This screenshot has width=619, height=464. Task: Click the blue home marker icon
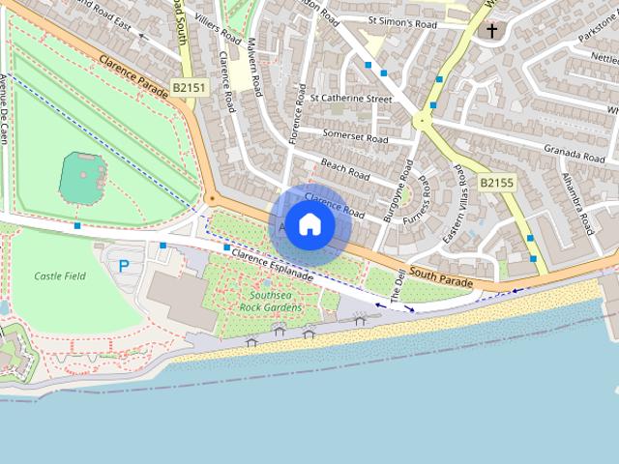click(309, 224)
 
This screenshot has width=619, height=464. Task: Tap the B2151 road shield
click(190, 88)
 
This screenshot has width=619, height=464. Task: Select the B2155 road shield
click(497, 182)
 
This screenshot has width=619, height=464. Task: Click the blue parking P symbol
click(123, 265)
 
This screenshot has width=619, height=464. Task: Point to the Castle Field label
click(60, 276)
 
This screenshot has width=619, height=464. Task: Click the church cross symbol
click(491, 31)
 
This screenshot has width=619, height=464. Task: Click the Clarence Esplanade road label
click(272, 261)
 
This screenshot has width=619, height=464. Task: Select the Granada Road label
click(574, 155)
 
